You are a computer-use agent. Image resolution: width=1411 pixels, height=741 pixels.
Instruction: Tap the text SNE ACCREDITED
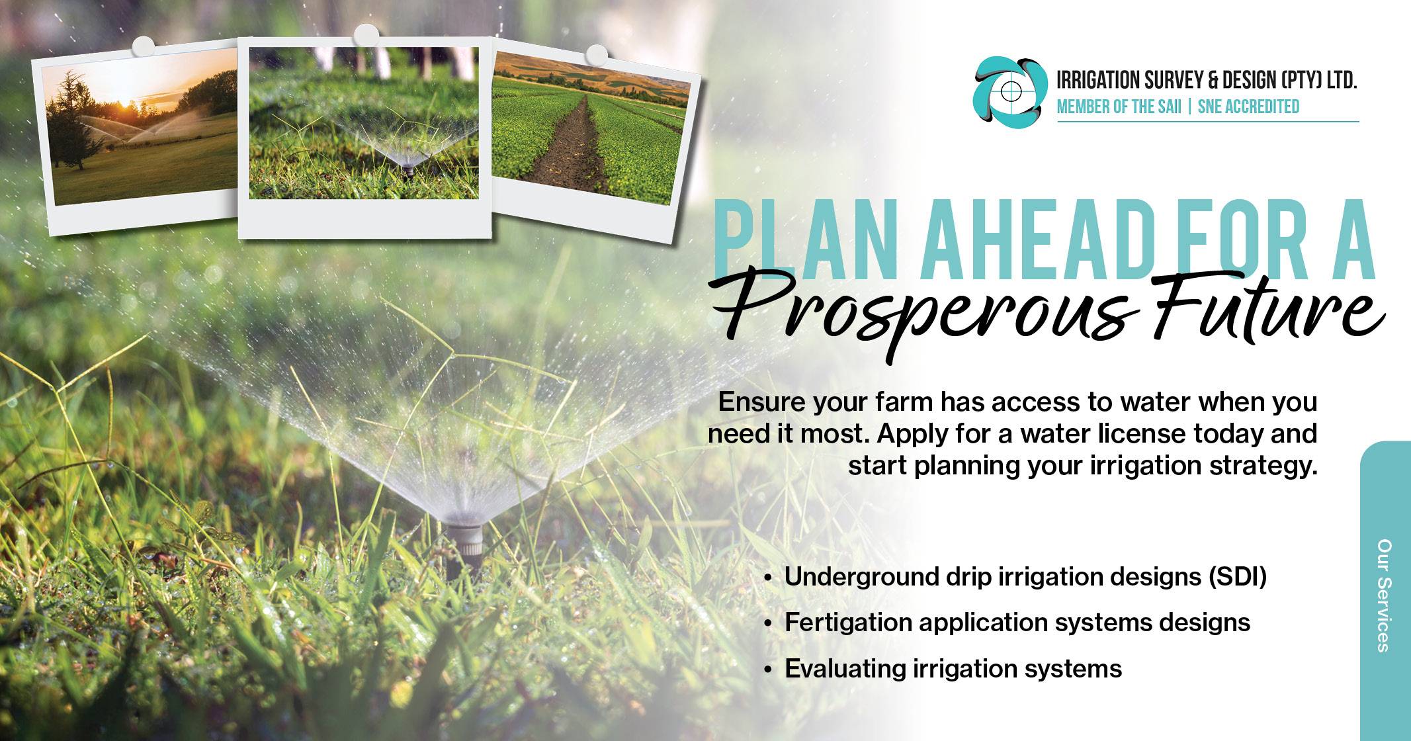(x=1248, y=107)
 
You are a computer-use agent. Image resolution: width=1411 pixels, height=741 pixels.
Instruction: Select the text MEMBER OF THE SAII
(x=1119, y=107)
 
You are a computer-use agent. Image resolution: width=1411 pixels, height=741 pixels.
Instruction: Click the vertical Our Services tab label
(x=1384, y=595)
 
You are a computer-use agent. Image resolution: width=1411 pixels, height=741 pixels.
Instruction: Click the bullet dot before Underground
(x=768, y=578)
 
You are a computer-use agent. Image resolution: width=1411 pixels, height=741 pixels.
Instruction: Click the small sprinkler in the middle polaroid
(x=408, y=169)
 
